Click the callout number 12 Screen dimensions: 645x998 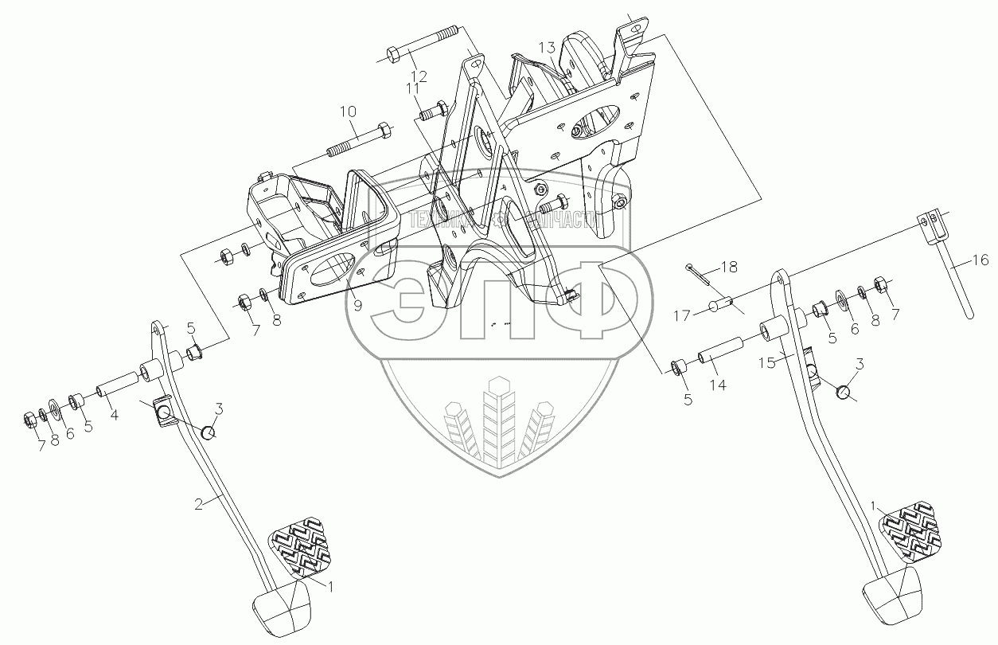pos(419,76)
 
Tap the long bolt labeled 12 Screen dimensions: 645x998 pos(421,43)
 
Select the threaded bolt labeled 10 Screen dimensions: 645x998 pos(357,140)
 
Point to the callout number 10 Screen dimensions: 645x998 pos(349,111)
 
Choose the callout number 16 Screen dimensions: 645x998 pos(980,260)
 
